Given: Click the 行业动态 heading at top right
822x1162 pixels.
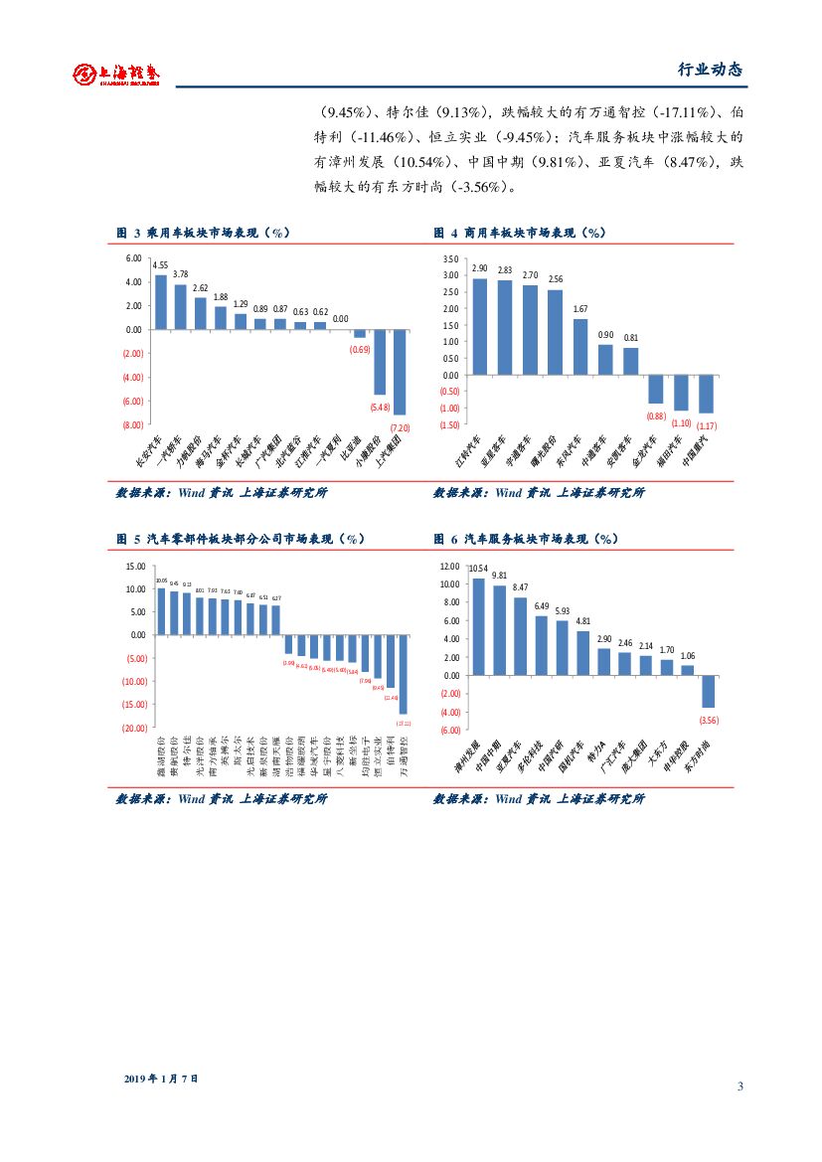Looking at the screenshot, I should click(710, 70).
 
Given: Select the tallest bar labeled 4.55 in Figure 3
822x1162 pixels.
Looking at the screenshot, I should click(161, 302).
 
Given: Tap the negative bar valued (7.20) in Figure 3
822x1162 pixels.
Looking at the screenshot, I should click(400, 372).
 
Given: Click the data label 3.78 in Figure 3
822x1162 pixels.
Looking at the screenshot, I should click(181, 273).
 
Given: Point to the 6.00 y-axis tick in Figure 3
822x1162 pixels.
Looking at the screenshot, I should click(133, 258).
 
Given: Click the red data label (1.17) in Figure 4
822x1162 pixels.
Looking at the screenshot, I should click(707, 425).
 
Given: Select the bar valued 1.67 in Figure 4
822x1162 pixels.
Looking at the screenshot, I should click(580, 347).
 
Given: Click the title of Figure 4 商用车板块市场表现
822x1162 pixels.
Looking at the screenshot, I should click(520, 233).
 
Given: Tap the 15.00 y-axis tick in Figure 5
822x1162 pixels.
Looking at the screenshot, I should click(134, 566).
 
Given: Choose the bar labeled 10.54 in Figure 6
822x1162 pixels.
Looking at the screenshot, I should click(478, 626).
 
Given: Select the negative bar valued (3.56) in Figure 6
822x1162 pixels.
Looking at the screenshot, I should click(709, 692).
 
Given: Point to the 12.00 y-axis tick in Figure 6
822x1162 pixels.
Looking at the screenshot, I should click(449, 566).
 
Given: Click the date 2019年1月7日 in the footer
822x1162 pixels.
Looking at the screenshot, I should click(162, 1079).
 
